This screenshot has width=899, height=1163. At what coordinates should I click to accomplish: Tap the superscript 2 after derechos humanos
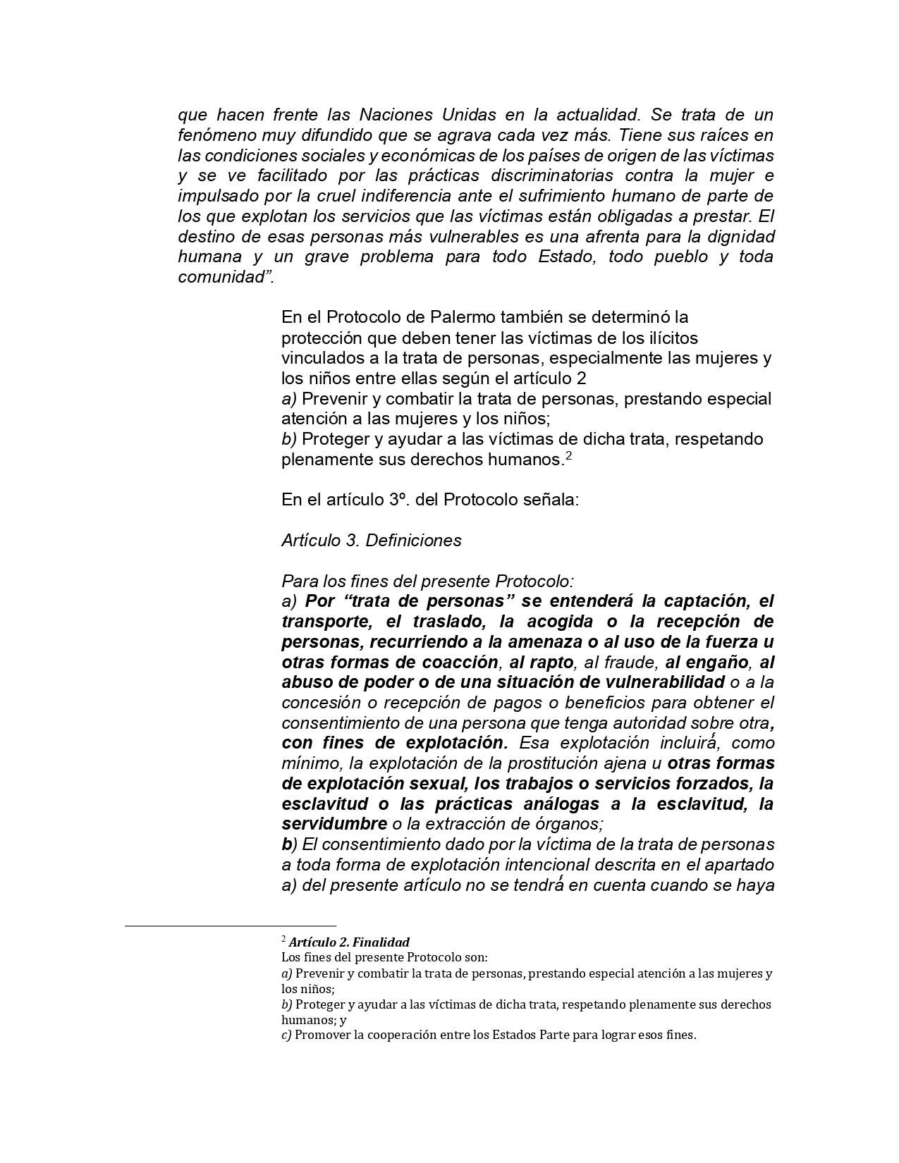click(568, 455)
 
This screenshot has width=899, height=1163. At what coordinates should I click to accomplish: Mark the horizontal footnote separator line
click(231, 925)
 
